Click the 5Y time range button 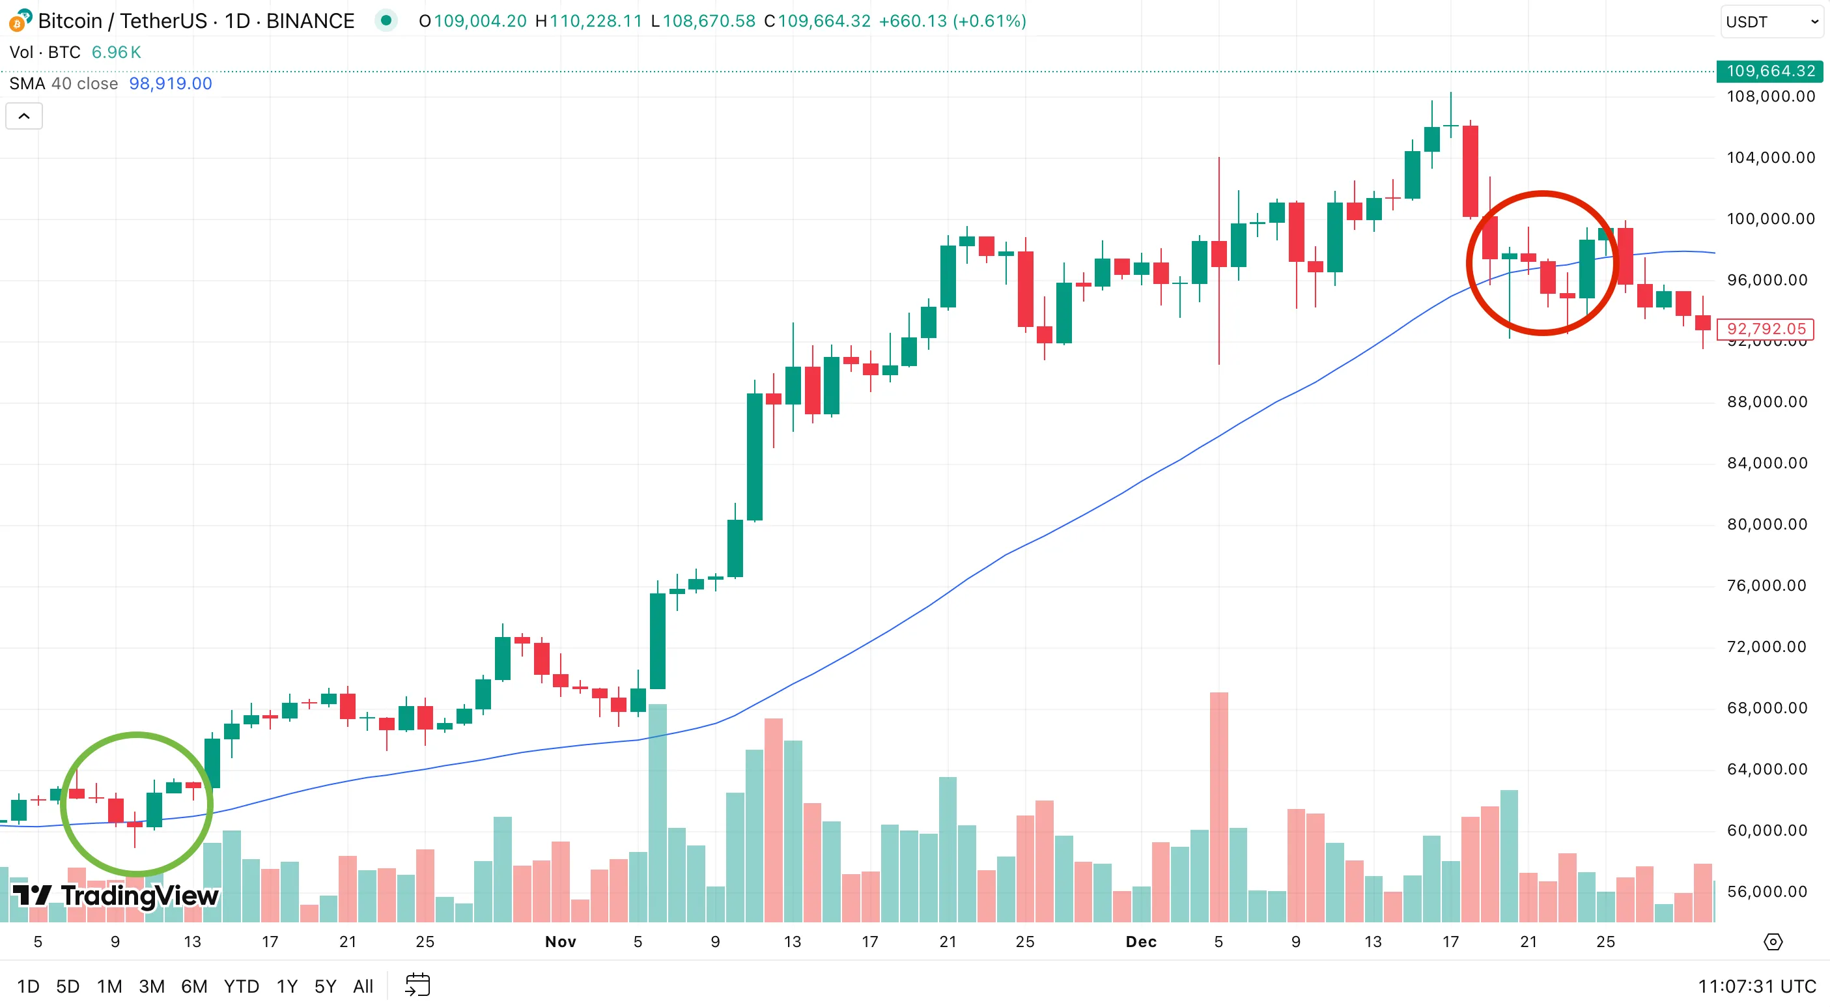325,986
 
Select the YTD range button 241,986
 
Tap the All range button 362,986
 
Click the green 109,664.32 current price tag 1769,71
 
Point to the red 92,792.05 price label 1766,329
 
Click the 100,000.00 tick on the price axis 1770,219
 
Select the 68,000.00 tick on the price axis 1767,708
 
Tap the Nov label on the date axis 560,942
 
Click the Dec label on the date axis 1141,942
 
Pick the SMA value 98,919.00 171,84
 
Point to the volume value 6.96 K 116,53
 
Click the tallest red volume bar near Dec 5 1218,806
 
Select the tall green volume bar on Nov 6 657,813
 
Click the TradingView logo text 139,896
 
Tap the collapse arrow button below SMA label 24,116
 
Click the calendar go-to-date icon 417,986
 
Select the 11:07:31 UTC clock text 1756,986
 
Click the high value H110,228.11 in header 589,21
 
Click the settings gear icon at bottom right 1773,942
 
